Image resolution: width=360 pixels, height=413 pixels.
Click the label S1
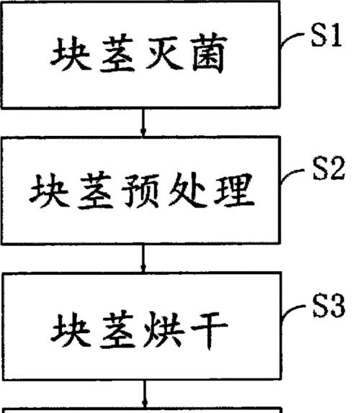327,35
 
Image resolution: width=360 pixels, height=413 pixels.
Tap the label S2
328,168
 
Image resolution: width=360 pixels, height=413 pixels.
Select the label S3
329,306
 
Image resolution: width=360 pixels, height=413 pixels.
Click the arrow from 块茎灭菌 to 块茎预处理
143,122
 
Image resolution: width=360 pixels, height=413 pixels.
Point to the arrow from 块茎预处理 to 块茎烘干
143,258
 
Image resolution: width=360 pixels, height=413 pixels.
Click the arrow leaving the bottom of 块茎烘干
145,394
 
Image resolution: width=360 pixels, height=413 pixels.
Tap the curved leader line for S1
292,39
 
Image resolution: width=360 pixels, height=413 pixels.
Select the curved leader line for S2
292,175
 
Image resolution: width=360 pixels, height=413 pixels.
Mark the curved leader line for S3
294,312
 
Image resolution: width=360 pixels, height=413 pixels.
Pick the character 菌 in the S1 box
210,53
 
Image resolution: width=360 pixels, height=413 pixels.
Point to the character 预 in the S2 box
140,191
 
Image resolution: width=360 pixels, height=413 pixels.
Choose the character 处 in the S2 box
187,190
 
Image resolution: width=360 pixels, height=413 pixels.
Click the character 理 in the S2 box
234,190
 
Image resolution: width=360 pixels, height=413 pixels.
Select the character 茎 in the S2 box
94,190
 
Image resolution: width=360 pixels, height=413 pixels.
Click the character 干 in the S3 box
210,330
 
